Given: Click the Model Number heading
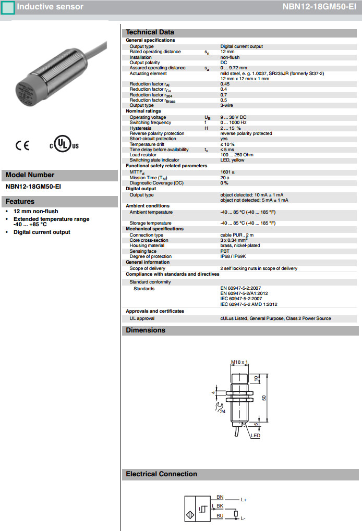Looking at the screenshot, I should click(30, 175).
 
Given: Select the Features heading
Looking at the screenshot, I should click(20, 202).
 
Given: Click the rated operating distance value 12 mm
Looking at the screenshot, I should click(227, 52).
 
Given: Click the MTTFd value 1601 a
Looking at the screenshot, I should click(227, 171).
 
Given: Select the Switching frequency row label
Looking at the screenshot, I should click(150, 122).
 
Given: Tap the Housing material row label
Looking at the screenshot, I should click(147, 245).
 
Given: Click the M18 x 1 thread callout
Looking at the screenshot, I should click(239, 362).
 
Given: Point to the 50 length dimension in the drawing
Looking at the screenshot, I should click(263, 398).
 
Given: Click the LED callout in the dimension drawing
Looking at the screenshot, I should click(256, 436).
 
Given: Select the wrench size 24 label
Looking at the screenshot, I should click(222, 412).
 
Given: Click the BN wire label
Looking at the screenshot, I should click(220, 497).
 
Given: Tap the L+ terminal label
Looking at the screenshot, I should click(244, 500).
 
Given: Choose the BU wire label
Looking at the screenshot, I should click(220, 516).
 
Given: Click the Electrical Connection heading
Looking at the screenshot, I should click(161, 474).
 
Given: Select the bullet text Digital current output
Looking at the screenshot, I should click(42, 232).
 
